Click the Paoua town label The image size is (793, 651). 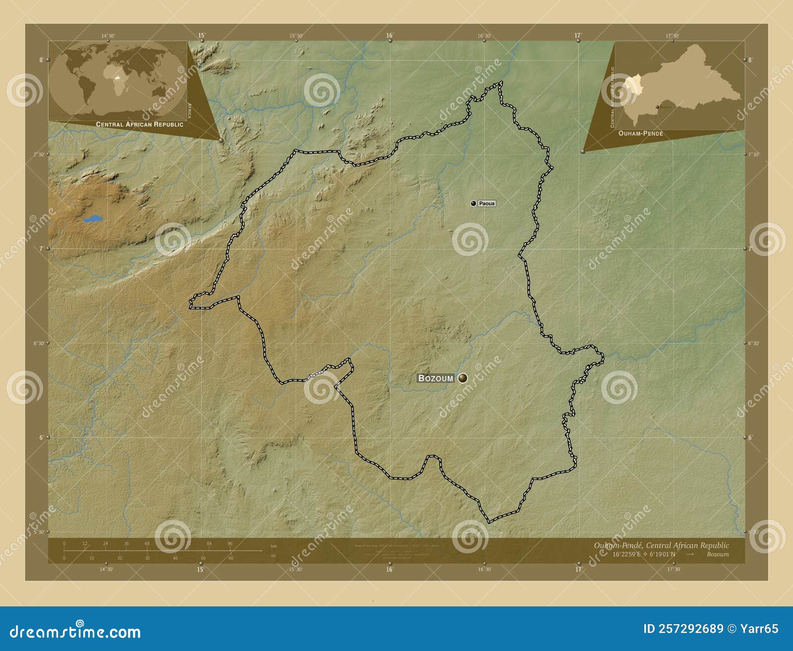click(x=487, y=204)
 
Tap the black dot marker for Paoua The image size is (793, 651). click(x=473, y=203)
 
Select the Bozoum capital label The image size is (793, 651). click(x=436, y=378)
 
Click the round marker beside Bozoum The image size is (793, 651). click(x=462, y=378)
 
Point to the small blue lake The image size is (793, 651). click(x=93, y=218)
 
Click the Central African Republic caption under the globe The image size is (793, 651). click(x=139, y=124)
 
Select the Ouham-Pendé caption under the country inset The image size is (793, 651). click(x=640, y=134)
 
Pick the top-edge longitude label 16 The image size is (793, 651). click(x=390, y=36)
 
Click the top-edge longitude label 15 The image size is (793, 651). click(x=201, y=36)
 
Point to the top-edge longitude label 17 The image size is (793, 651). click(x=577, y=36)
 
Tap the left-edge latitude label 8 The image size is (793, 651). click(x=42, y=60)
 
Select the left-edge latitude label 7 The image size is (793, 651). click(x=42, y=249)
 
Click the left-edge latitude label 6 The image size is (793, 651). click(x=42, y=437)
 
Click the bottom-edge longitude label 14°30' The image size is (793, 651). click(x=106, y=570)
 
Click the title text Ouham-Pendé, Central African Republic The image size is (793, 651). click(x=661, y=545)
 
